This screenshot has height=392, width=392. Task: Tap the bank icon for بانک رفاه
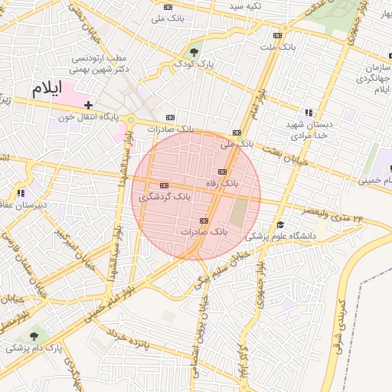click(x=222, y=171)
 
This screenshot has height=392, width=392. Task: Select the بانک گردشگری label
click(x=164, y=198)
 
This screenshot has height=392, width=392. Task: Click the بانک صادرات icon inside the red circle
click(x=204, y=220)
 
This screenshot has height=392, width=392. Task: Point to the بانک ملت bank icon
click(x=277, y=35)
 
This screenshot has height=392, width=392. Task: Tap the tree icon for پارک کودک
click(x=194, y=52)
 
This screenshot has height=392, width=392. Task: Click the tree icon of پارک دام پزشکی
click(x=33, y=335)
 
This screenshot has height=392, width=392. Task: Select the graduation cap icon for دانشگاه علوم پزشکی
click(x=281, y=225)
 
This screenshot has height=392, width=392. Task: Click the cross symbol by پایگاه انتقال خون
click(x=89, y=105)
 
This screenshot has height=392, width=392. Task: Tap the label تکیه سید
click(x=247, y=6)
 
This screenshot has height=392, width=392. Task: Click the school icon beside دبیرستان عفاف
click(x=21, y=193)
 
